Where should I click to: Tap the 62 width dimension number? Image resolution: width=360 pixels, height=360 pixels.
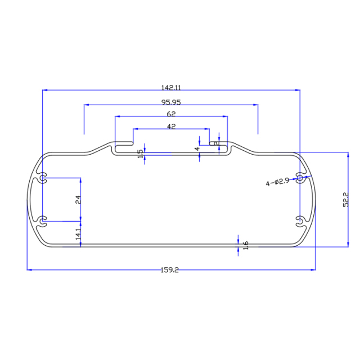pos(171,114)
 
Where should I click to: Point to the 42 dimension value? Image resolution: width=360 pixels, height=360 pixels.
pos(172,127)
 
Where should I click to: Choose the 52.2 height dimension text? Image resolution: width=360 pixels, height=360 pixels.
pos(346,200)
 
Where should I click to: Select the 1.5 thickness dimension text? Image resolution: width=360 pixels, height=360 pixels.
pos(141,153)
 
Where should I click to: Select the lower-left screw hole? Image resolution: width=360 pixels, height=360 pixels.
pos(43,219)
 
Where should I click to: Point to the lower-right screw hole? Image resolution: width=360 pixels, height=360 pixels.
pos(300,219)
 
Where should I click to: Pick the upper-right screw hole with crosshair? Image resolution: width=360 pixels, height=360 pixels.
pos(300,178)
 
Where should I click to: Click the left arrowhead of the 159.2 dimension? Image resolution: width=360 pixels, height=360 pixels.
pos(30,270)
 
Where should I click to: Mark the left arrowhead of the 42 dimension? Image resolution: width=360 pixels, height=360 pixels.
pos(136,129)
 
